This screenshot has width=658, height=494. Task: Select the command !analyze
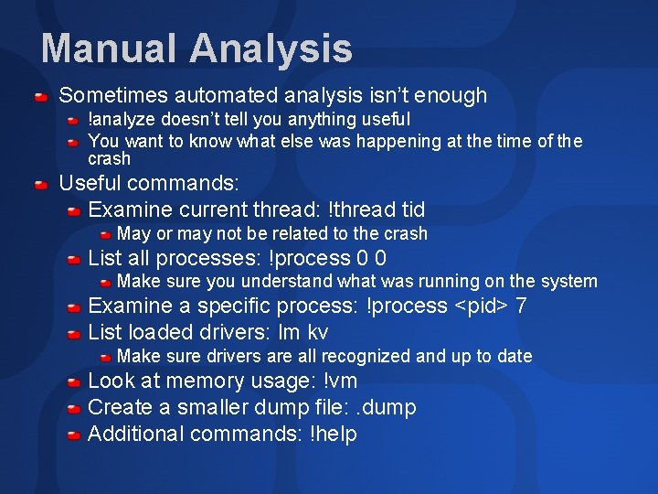pyautogui.click(x=123, y=119)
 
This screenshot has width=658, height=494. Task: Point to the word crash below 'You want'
pyautogui.click(x=109, y=158)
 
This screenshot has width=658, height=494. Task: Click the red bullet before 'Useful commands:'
pyautogui.click(x=41, y=185)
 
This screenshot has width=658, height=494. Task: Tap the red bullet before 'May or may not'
pyautogui.click(x=106, y=234)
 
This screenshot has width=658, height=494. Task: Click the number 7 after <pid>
pyautogui.click(x=521, y=306)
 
